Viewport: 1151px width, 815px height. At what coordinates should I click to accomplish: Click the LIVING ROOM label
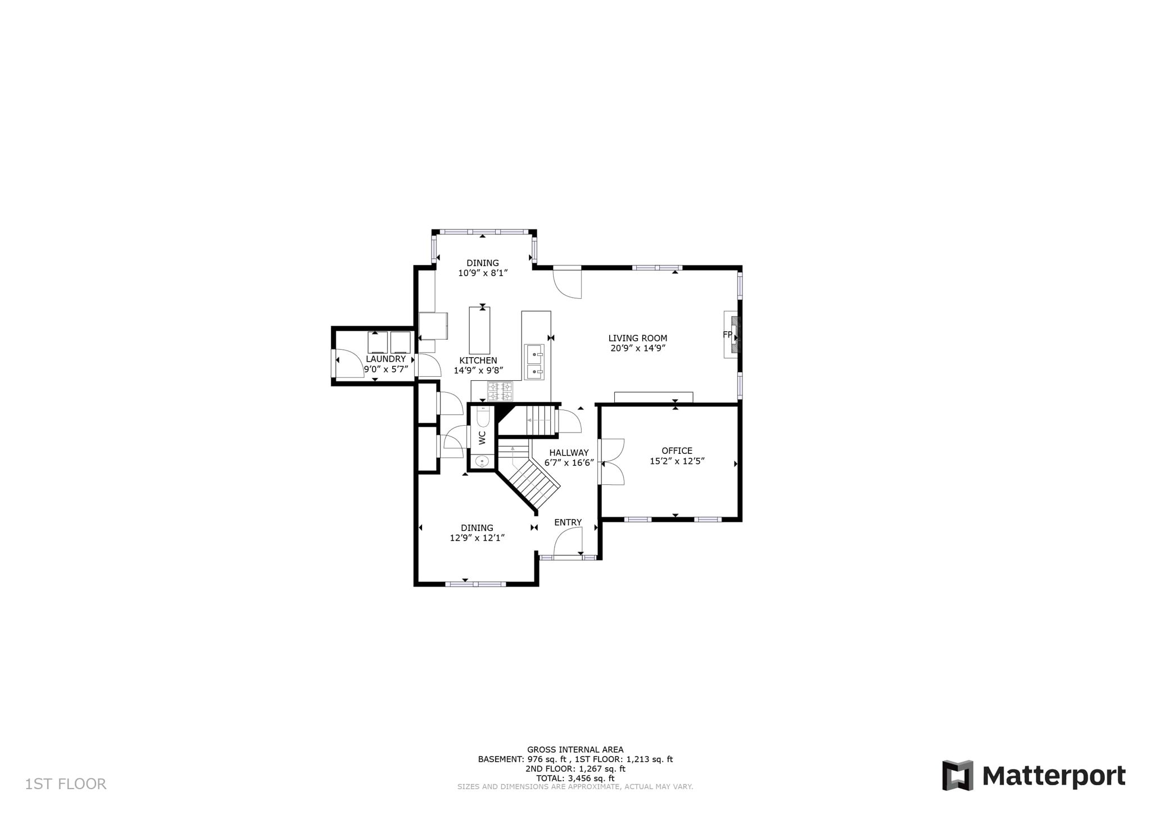(x=637, y=338)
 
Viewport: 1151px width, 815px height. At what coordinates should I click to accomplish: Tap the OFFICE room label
(x=677, y=451)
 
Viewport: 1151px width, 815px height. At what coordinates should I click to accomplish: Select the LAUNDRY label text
(x=386, y=359)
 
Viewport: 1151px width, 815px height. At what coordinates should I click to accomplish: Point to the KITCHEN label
(x=478, y=361)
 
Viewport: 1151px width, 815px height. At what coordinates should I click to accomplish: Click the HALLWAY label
(x=569, y=453)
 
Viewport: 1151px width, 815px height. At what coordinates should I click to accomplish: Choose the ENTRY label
(x=568, y=523)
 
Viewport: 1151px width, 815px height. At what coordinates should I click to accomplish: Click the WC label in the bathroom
(x=482, y=438)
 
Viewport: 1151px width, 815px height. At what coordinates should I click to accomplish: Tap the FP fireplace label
(x=727, y=335)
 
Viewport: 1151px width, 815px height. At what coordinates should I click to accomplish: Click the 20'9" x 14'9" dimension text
(x=638, y=348)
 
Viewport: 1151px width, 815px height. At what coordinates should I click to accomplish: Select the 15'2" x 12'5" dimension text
(x=677, y=461)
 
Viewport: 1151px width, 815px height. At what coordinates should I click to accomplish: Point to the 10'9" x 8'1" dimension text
(x=483, y=273)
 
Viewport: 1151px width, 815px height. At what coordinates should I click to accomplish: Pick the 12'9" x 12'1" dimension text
(x=477, y=538)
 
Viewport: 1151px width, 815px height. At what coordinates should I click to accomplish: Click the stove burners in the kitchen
(x=500, y=391)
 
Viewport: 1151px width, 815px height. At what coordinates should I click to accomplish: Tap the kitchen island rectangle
(x=479, y=330)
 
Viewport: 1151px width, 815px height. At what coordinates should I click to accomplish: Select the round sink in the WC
(x=482, y=462)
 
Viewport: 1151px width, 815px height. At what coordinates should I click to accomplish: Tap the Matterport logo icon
(x=958, y=775)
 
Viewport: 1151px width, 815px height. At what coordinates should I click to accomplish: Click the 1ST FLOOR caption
(x=65, y=784)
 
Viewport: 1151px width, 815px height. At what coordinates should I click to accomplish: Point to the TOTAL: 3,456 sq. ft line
(x=575, y=778)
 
